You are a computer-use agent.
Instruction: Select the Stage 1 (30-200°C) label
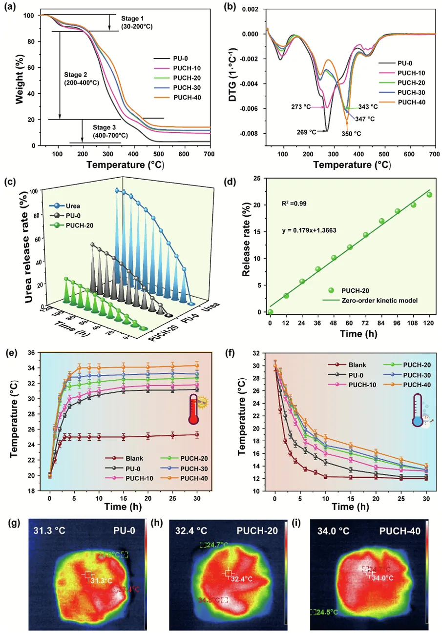pos(137,22)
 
